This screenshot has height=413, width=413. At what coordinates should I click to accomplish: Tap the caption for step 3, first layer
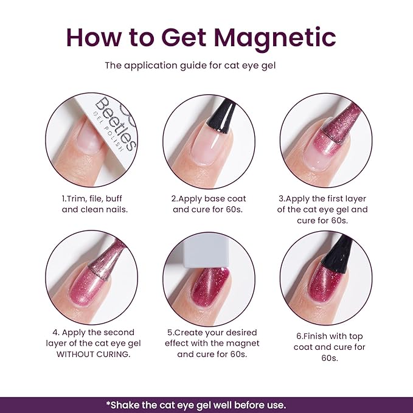pyautogui.click(x=322, y=209)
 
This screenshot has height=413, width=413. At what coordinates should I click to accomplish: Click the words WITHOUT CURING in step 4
pyautogui.click(x=92, y=354)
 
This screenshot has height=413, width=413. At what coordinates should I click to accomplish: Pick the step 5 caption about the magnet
pyautogui.click(x=209, y=343)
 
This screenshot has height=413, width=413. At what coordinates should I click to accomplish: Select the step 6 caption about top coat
pyautogui.click(x=322, y=347)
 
